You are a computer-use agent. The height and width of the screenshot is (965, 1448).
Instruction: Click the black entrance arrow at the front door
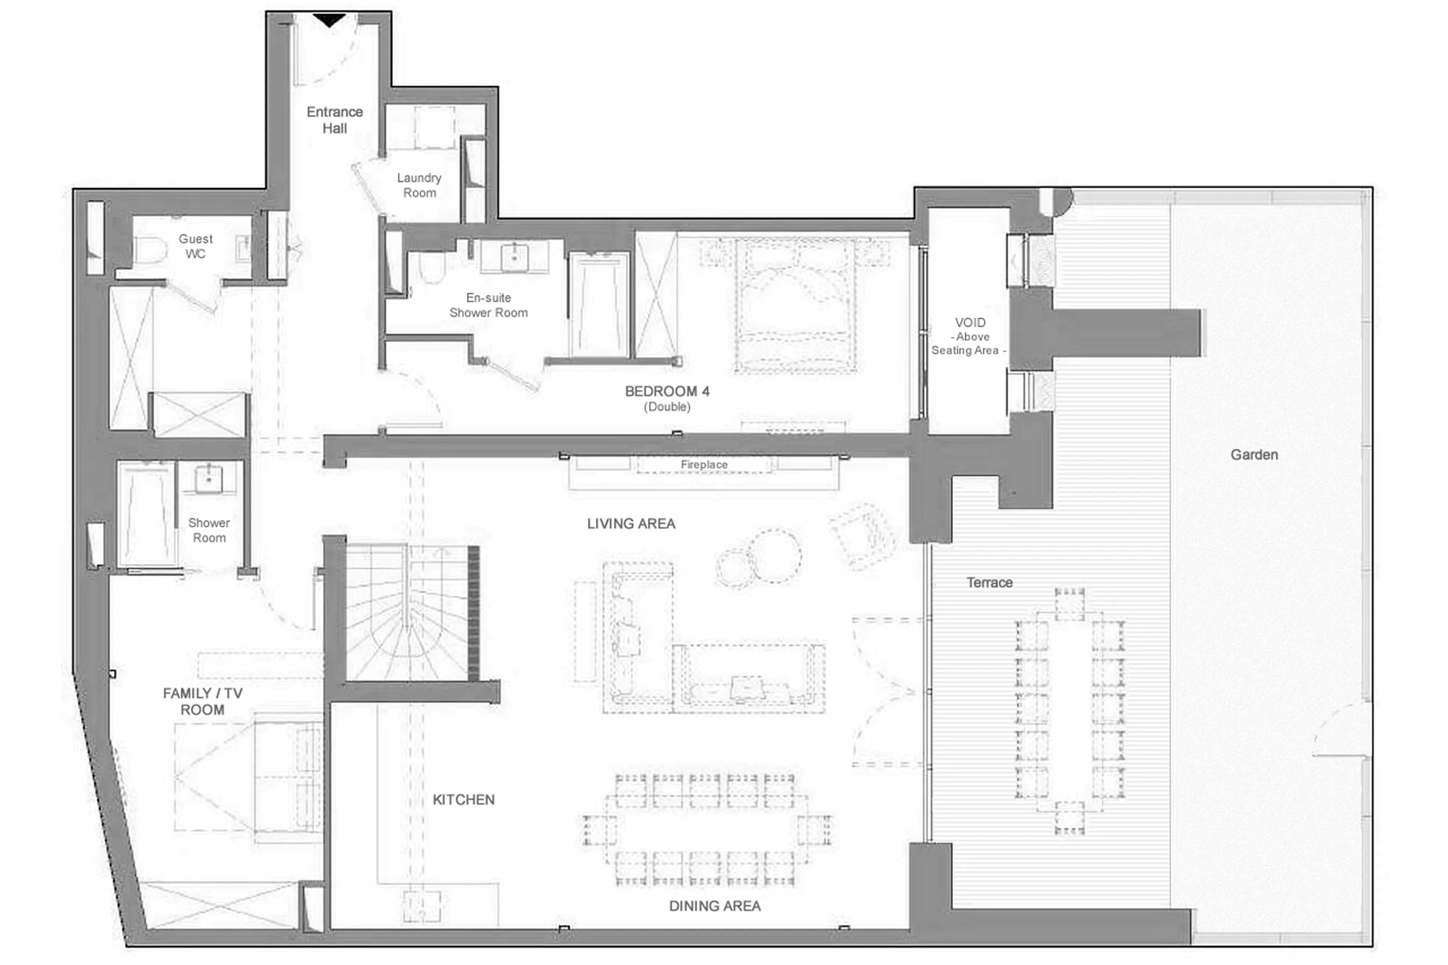330,20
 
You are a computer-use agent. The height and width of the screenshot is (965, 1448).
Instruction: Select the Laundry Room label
419,185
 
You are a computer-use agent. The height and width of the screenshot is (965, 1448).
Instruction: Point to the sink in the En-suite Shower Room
514,257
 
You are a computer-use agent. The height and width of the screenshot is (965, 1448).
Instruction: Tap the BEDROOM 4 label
667,391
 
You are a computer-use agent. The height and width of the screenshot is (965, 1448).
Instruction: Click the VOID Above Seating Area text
969,336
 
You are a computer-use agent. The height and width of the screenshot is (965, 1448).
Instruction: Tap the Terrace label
989,582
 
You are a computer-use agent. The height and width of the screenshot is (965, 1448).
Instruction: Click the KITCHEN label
463,799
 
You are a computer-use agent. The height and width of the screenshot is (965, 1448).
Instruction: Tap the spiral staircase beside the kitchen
407,612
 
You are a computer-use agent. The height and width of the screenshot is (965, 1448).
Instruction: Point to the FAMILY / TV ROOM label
202,701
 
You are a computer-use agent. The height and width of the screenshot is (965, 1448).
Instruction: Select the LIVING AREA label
631,524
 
